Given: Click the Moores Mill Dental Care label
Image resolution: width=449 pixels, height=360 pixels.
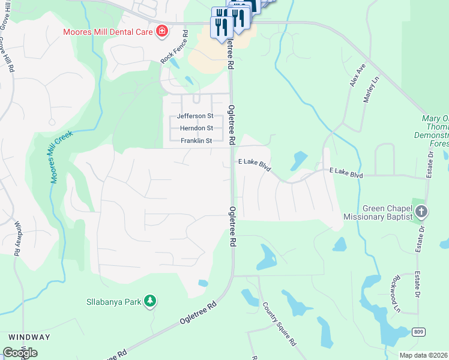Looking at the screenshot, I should (x=107, y=31).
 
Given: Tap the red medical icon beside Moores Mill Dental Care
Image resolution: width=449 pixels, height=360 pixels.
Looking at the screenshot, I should (x=161, y=31).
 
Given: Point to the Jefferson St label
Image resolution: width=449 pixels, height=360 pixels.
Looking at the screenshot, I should (x=194, y=116).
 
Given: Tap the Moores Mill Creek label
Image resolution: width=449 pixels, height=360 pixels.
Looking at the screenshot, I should (x=61, y=157).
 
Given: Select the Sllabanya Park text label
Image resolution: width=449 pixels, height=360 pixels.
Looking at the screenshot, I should (x=113, y=301).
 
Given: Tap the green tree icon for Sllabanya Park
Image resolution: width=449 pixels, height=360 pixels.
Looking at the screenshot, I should (x=150, y=301).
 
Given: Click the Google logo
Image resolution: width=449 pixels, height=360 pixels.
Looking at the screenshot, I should (x=20, y=353).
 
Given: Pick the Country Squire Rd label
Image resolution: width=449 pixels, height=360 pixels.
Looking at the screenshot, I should (x=279, y=324).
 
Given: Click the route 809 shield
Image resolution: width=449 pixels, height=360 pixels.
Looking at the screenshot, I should (x=420, y=332).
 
